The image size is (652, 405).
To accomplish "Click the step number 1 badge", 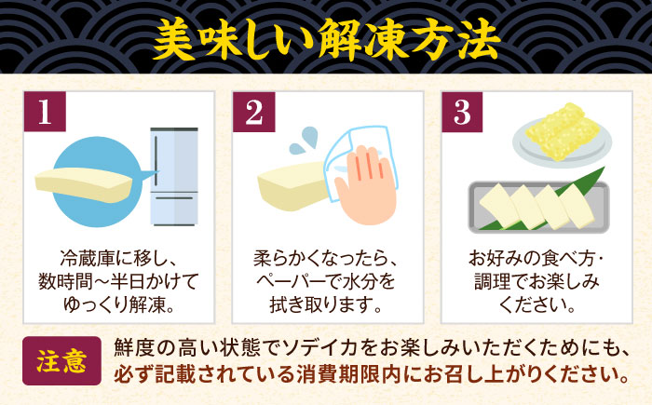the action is [x=45, y=112].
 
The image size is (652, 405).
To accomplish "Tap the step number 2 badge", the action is [x=253, y=112].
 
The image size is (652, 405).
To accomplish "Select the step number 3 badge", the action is [x=462, y=112].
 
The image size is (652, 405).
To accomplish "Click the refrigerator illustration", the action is [x=174, y=176].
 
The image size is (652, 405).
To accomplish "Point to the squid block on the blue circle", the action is [x=83, y=184].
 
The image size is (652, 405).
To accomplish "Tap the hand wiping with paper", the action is [x=366, y=185].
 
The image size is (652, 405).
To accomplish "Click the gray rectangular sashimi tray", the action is [x=539, y=207].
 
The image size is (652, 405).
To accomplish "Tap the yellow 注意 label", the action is [x=61, y=360].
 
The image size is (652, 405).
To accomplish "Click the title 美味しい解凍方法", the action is [x=326, y=40].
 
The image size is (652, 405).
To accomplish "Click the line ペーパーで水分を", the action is [x=326, y=282].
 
